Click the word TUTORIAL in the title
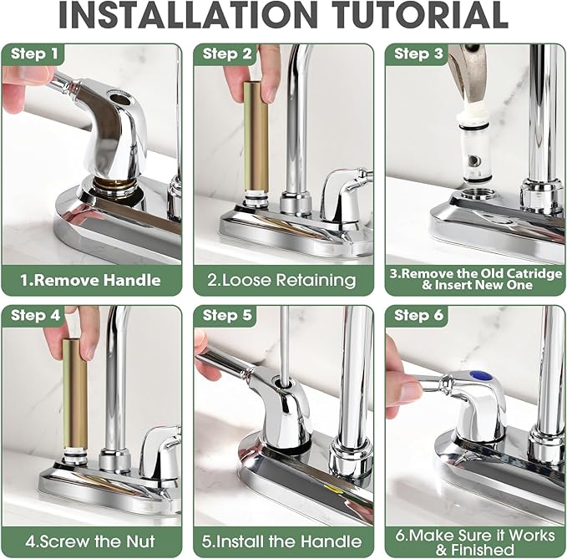tap(420, 14)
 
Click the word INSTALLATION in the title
tap(188, 14)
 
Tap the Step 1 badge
tap(34, 54)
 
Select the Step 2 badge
tap(227, 54)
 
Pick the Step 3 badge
tap(418, 54)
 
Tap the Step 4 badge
tap(35, 315)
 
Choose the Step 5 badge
tap(227, 315)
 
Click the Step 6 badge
tap(418, 315)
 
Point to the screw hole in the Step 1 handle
tap(118, 98)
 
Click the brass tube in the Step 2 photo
tap(256, 136)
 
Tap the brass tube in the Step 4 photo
tap(75, 394)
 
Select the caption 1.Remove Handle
tap(90, 281)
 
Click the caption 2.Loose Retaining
tap(281, 281)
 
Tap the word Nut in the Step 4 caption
tap(140, 541)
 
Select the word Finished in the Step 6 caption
tap(482, 550)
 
